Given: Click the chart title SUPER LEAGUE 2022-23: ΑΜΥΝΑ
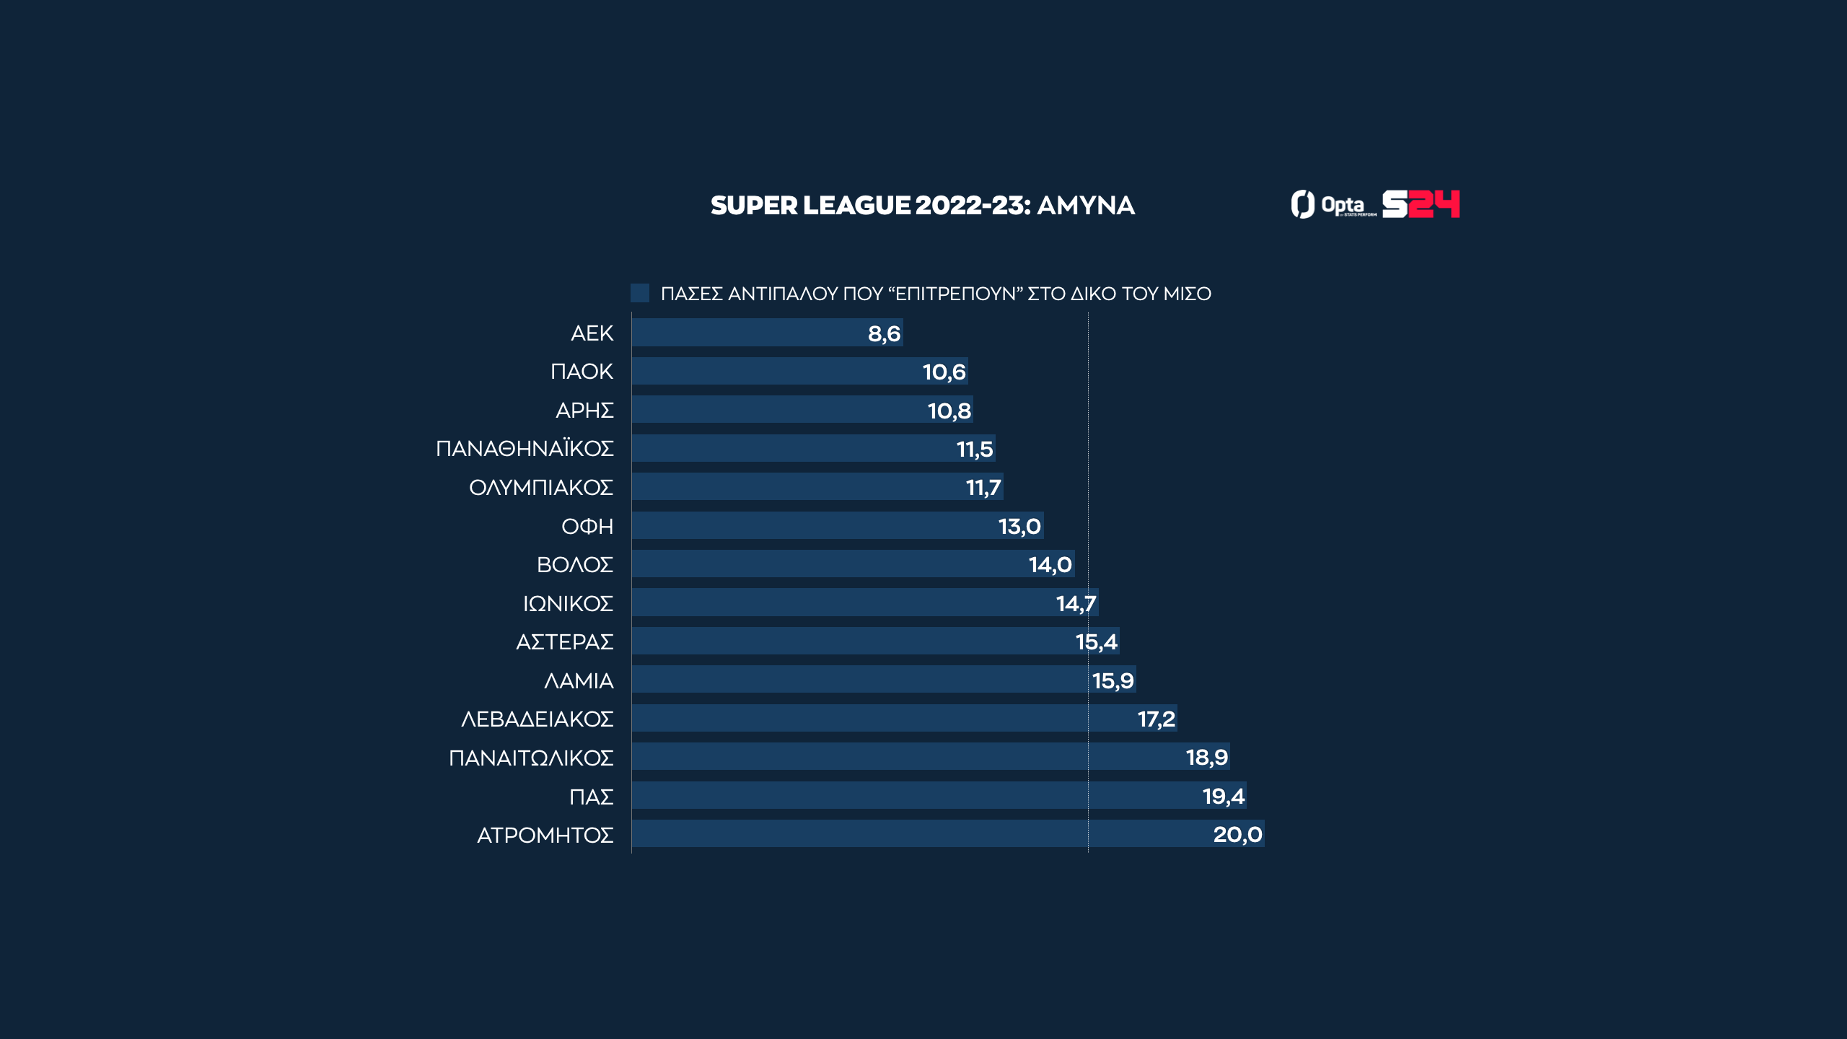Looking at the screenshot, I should pyautogui.click(x=922, y=206).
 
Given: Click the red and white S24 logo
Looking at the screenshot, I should pyautogui.click(x=1421, y=204).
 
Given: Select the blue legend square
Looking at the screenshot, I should pyautogui.click(x=640, y=293).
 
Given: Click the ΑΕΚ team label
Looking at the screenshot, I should pyautogui.click(x=592, y=333).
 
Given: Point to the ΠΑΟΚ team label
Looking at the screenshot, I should pyautogui.click(x=582, y=372).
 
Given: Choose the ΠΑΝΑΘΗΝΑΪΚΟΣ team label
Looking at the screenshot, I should pyautogui.click(x=525, y=449).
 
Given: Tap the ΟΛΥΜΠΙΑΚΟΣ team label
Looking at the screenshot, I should pyautogui.click(x=541, y=488).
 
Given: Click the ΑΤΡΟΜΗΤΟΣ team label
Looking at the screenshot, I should pyautogui.click(x=545, y=836).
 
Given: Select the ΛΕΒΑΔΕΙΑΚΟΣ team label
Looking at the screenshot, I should pyautogui.click(x=537, y=719).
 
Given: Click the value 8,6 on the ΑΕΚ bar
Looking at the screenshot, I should pyautogui.click(x=884, y=333).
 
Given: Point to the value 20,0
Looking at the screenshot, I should pyautogui.click(x=1237, y=835).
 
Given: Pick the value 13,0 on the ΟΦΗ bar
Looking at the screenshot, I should pyautogui.click(x=1019, y=526).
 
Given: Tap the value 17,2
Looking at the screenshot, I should pyautogui.click(x=1156, y=719).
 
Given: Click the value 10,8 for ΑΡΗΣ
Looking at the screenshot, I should pyautogui.click(x=949, y=411).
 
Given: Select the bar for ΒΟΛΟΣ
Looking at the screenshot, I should pyautogui.click(x=830, y=564).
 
